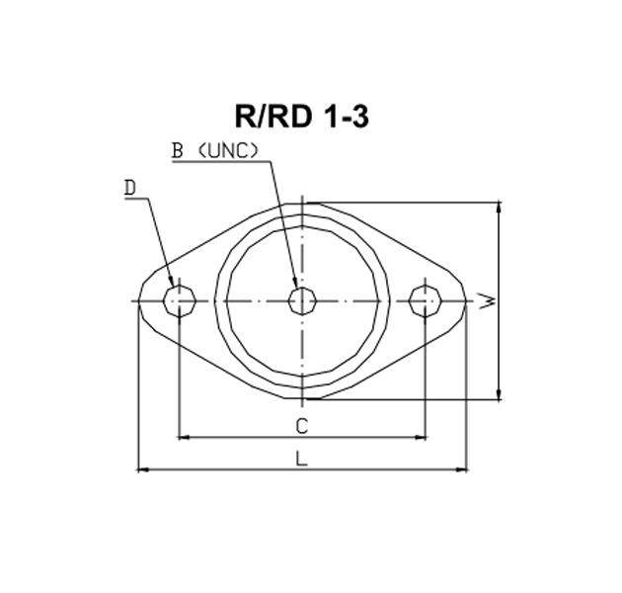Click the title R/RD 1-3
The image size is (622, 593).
302,117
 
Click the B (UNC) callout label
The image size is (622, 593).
214,151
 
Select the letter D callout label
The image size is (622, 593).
130,188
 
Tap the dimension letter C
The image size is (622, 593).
302,426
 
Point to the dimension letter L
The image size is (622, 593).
302,459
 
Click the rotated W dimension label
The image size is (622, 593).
488,300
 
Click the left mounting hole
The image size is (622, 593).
180,301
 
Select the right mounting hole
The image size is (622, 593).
426,301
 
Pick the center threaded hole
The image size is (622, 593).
302,301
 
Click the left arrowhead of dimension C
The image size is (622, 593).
183,437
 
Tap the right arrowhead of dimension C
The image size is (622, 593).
422,437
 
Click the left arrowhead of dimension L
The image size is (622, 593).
143,469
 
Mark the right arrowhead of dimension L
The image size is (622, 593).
462,469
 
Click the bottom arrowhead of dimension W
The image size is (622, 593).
499,394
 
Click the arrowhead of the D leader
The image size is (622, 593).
172,282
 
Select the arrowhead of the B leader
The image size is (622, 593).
295,283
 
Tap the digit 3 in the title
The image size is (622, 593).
359,117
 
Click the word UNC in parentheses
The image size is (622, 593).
227,151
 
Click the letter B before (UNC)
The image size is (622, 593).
177,151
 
